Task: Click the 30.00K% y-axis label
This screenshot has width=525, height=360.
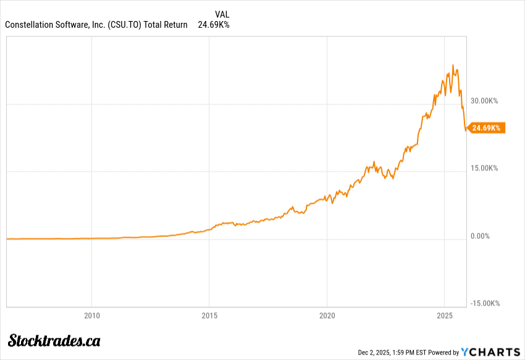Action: pos(484,100)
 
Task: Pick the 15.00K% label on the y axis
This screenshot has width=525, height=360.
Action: pos(484,168)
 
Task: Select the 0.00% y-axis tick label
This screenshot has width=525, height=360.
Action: pos(481,236)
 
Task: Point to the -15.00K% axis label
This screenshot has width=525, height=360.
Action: pos(485,303)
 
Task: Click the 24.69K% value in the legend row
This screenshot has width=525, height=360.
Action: pos(213,25)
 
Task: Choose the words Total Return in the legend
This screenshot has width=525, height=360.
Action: pos(166,25)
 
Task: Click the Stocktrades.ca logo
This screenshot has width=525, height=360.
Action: pos(54,340)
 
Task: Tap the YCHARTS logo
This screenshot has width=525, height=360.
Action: pos(491,351)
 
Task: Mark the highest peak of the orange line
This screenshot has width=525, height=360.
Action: pos(453,65)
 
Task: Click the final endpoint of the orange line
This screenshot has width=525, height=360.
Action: pos(466,130)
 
